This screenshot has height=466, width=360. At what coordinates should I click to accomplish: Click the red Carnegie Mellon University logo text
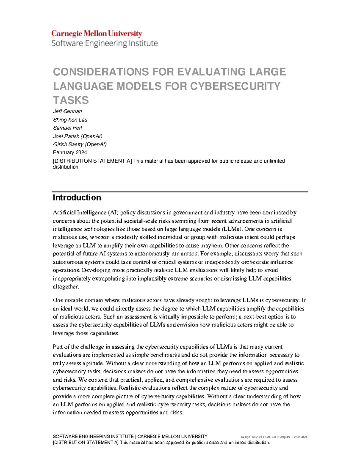point(97,33)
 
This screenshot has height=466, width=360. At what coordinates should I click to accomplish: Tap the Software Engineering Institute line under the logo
point(104,44)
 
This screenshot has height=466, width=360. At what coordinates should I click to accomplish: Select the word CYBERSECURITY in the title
point(235,86)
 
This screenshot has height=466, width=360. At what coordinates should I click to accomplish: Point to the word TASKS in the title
point(71,100)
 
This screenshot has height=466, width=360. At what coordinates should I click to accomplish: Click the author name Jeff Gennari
point(67,111)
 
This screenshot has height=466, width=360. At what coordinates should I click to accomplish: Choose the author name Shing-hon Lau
point(70,120)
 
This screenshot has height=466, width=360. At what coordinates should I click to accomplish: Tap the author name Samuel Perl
point(67,128)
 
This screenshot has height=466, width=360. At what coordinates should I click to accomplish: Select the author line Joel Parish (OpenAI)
point(78,136)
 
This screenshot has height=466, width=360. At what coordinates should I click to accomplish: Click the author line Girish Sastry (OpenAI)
point(80,144)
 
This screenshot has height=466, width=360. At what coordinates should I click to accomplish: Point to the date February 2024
point(70,152)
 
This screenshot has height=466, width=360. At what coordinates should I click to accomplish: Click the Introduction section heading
point(77,197)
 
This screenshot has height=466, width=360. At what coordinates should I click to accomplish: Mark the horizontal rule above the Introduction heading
point(180,191)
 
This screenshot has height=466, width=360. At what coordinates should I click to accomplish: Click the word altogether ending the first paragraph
point(66,287)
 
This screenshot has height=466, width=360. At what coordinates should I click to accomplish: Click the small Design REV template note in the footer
point(274,437)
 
